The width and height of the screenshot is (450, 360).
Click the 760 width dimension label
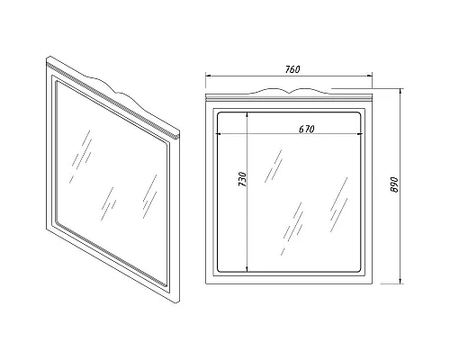click(x=292, y=69)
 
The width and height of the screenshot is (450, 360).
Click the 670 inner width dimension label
click(x=307, y=129)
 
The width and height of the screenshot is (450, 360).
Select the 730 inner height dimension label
click(x=242, y=179)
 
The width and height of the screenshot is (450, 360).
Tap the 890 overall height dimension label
click(x=394, y=184)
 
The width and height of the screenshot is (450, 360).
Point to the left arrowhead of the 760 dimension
click(x=209, y=76)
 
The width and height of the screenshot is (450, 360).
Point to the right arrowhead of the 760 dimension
click(x=369, y=76)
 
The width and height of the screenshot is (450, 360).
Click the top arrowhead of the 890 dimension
click(x=400, y=92)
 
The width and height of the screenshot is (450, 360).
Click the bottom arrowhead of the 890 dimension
click(x=400, y=280)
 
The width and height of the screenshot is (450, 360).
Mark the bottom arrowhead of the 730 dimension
click(x=247, y=269)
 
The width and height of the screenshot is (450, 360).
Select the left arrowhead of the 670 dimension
click(x=220, y=134)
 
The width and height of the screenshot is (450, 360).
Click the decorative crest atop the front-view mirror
click(x=289, y=91)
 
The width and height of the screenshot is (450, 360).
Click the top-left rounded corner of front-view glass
click(x=219, y=114)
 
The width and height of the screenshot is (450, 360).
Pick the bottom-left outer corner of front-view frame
click(x=206, y=283)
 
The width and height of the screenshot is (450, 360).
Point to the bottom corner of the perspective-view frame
click(x=178, y=303)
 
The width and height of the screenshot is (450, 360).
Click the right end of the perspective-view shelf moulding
click(x=178, y=135)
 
